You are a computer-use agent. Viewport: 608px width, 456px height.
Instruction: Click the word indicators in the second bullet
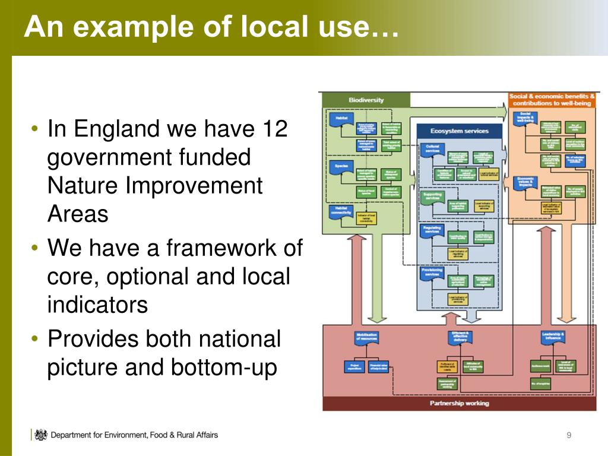97,305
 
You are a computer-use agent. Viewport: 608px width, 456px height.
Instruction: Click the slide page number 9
569,436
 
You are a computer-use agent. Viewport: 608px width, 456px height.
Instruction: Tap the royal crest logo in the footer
40,435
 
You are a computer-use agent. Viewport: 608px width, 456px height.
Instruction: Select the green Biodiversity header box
366,100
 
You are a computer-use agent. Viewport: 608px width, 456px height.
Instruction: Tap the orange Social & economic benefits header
552,99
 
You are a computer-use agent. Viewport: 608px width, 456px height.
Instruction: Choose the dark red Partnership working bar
459,403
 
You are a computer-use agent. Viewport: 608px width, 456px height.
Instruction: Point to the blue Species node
341,166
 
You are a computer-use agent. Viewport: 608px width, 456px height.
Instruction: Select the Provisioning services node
432,272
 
